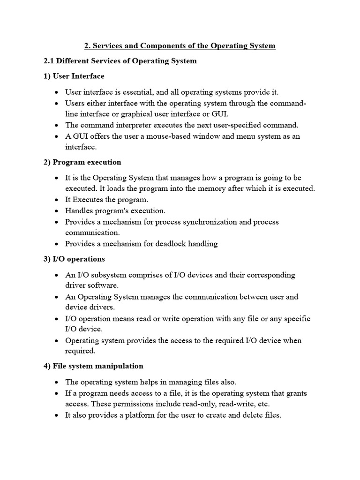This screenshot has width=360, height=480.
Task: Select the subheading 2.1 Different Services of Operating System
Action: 120,61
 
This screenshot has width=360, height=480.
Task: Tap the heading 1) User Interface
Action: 74,76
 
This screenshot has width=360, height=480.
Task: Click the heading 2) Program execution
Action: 82,162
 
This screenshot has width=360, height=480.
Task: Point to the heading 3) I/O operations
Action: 74,259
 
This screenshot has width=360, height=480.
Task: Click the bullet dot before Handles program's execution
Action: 57,211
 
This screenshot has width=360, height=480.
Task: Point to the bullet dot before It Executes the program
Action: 57,200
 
